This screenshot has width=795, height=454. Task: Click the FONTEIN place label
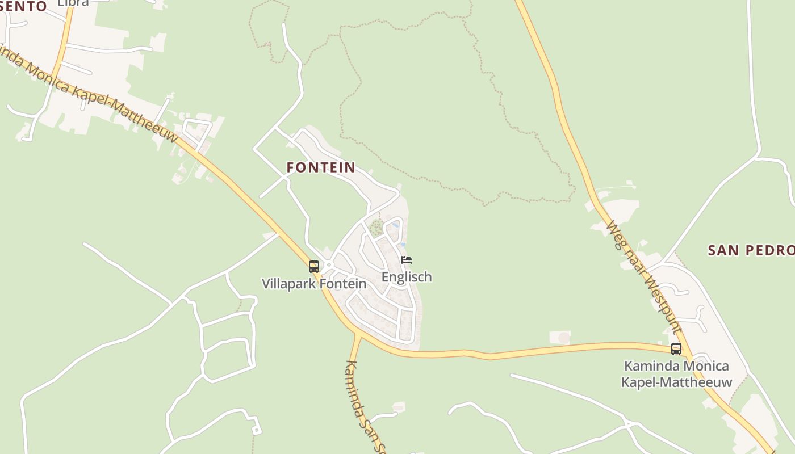(321, 167)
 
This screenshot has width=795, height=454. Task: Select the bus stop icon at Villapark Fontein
(314, 266)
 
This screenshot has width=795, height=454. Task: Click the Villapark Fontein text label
(313, 283)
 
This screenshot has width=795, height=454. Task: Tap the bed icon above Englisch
(407, 260)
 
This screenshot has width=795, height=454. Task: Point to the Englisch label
(407, 277)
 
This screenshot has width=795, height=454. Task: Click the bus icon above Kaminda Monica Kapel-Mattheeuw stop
(676, 348)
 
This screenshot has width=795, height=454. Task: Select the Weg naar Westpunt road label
(644, 276)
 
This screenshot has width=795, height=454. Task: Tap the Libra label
(73, 3)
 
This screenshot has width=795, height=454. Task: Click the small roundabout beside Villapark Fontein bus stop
(329, 264)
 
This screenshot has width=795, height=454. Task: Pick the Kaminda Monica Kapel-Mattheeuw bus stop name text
(676, 373)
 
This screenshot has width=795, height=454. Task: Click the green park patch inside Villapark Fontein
(375, 229)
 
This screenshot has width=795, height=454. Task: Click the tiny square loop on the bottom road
(257, 430)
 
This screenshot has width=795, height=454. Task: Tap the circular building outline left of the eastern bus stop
(563, 338)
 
